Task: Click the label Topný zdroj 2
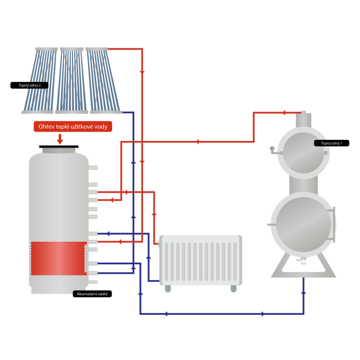[x=29, y=85]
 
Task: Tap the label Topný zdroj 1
[x=331, y=143]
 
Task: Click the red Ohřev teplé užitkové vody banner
[x=73, y=127]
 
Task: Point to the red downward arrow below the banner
[x=60, y=139]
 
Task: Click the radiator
[x=200, y=260]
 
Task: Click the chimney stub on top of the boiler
[x=303, y=117]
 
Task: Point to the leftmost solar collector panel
[x=37, y=80]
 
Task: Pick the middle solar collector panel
[x=71, y=80]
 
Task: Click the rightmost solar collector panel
[x=104, y=80]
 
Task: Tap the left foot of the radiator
[x=168, y=289]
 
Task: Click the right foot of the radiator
[x=233, y=289]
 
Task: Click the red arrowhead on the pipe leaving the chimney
[x=283, y=112]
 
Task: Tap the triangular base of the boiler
[x=303, y=267]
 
